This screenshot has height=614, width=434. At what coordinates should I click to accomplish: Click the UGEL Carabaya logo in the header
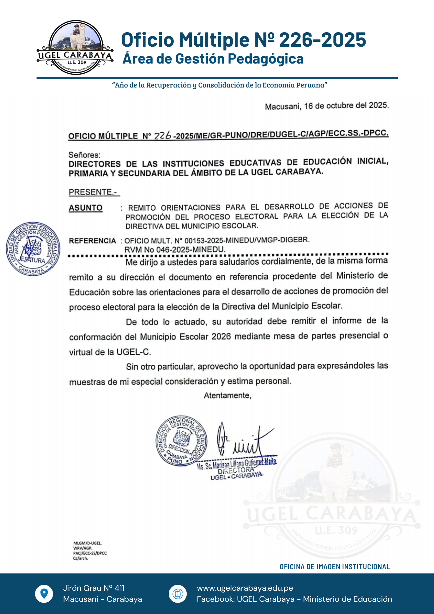click(75, 48)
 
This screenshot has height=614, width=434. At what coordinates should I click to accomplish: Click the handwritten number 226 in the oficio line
click(162, 135)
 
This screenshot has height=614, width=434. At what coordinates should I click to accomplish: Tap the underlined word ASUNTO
click(86, 208)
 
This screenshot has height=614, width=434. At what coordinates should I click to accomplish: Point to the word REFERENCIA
click(92, 241)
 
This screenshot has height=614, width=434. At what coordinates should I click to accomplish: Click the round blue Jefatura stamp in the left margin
click(33, 249)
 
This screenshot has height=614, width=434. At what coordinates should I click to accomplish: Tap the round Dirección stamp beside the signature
click(181, 440)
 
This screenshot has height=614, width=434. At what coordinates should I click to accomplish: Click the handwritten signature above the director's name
click(242, 441)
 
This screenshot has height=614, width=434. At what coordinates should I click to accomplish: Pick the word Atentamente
click(227, 395)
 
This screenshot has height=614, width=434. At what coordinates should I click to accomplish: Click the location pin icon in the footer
click(44, 593)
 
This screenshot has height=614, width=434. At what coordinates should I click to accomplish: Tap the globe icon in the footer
click(178, 593)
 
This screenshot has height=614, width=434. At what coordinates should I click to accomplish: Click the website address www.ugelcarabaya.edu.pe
click(245, 588)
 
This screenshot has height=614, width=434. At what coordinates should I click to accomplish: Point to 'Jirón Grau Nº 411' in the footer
click(94, 588)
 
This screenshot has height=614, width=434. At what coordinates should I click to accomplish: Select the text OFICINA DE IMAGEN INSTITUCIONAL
click(335, 567)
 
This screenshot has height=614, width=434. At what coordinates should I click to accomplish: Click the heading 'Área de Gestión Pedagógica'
click(213, 58)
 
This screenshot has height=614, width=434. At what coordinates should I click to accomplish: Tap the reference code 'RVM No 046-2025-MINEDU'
click(175, 250)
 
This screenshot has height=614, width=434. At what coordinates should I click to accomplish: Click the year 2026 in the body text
click(221, 336)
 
